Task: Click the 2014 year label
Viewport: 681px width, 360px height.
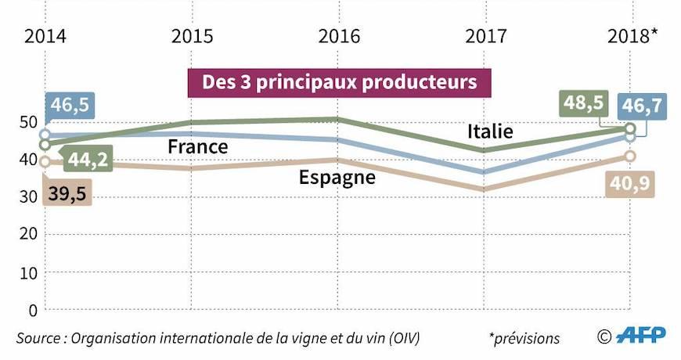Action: (x=45, y=36)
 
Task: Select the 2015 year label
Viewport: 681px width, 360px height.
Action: (x=193, y=36)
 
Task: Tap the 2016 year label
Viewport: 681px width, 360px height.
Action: (x=339, y=36)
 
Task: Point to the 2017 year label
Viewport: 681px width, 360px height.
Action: (x=485, y=36)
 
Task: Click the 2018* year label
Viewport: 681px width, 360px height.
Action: (x=633, y=36)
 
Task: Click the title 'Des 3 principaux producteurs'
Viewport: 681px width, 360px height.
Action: (x=340, y=82)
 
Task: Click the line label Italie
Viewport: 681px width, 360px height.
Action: (x=490, y=131)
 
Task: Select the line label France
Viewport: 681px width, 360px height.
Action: (x=198, y=146)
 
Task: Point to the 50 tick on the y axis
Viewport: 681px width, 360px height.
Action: (x=28, y=122)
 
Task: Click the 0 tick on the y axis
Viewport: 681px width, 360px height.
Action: (x=33, y=310)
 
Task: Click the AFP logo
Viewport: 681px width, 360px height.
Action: (x=640, y=336)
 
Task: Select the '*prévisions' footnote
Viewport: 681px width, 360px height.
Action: (x=524, y=338)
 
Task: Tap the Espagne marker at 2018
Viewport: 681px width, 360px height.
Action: (x=631, y=157)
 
